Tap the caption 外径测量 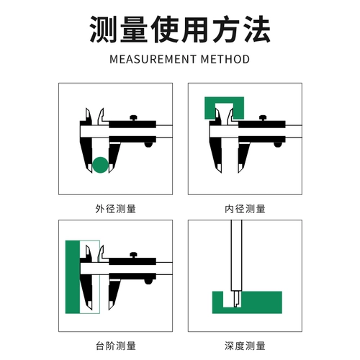tap(115, 209)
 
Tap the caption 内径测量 tap(245, 209)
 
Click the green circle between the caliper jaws tap(102, 165)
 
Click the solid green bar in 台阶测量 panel tap(72, 277)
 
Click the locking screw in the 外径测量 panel tap(133, 118)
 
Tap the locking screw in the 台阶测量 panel tap(133, 254)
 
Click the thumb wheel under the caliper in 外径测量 tap(149, 144)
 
